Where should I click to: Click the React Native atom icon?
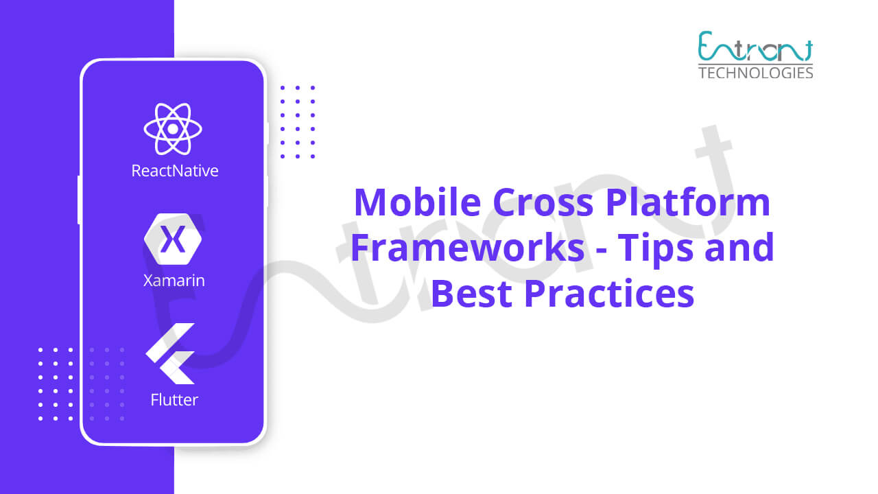coord(173,128)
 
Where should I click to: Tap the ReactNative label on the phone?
coord(175,171)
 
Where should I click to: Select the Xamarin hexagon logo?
coord(173,239)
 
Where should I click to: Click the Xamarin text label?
coord(174,281)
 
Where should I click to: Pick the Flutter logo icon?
coord(170,353)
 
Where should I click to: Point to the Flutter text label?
coord(174,400)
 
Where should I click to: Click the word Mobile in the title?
coord(418,202)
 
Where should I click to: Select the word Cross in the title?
coord(543,203)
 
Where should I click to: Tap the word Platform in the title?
coord(688,202)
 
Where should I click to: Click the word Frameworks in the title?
coord(468,248)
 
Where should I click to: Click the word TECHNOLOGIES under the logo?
coord(756,73)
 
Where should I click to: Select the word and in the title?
coord(739,248)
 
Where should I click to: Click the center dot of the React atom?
coord(173,128)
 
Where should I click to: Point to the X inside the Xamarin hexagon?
coord(173,239)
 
